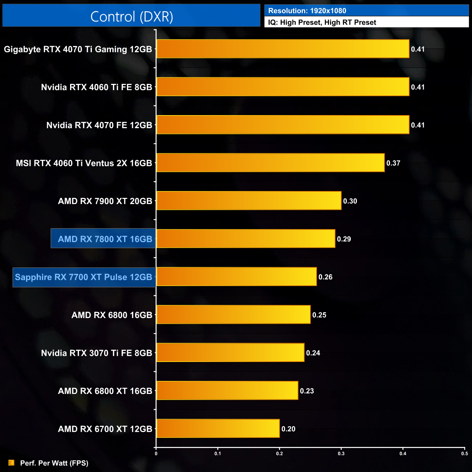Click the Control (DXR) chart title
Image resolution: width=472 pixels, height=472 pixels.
point(131,16)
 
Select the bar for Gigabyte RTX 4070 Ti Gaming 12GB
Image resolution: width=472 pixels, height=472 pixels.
point(282,49)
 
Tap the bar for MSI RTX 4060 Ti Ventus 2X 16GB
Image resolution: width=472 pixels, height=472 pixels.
point(270,163)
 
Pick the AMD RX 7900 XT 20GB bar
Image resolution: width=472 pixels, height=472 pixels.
point(249,201)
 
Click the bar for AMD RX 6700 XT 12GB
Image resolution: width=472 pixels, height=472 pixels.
point(218,429)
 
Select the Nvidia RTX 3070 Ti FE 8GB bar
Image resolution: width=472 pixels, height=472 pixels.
point(230,353)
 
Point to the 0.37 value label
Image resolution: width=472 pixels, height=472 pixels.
point(393,163)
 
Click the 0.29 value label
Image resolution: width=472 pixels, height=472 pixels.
point(344,239)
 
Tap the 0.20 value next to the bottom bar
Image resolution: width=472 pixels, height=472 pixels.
point(288,429)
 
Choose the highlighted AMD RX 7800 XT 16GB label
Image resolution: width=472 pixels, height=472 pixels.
point(105,239)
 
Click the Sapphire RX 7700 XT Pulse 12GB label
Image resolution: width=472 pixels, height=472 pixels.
point(84,277)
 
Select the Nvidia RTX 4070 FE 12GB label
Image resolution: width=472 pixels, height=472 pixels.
point(99,125)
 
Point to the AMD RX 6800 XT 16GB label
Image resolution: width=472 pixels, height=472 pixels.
point(105,391)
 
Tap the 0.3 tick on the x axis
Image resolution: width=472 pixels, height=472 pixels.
point(341,453)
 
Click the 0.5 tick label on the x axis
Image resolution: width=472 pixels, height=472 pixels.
point(464,453)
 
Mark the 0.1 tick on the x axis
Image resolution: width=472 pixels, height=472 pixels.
point(218,453)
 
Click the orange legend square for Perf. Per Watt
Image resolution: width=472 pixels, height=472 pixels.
point(11,463)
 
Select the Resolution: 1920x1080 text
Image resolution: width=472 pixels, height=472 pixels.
point(307,11)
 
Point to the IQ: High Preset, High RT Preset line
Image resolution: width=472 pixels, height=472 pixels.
point(322,23)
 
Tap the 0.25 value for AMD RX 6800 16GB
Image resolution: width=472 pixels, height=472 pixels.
point(319,315)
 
